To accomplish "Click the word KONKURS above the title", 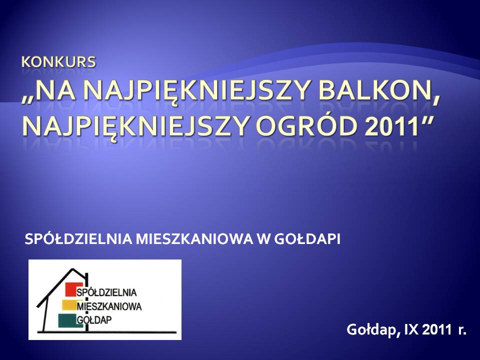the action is point(58,62).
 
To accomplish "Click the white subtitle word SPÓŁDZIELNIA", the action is point(78,239).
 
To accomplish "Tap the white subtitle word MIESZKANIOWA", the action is point(194,239).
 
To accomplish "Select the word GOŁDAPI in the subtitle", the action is point(307,239).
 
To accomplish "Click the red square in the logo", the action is point(74,289).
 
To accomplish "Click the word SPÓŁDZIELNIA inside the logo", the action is point(107,292).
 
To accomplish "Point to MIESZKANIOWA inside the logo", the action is point(110,306).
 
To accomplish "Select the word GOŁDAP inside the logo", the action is point(94,320).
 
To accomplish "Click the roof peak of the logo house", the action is point(72,269).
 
